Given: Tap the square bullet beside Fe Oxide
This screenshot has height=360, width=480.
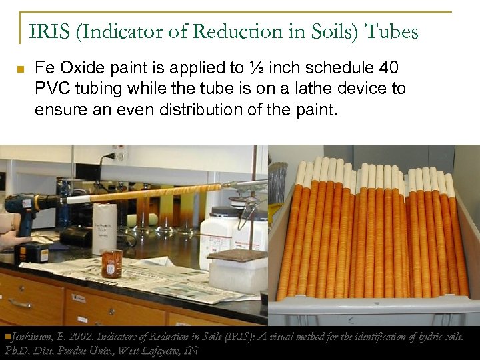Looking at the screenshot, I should pos(20,69).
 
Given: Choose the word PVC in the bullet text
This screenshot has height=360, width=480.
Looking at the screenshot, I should pos(52,89).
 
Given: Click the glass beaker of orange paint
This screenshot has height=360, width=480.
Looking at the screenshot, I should pos(112,263).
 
